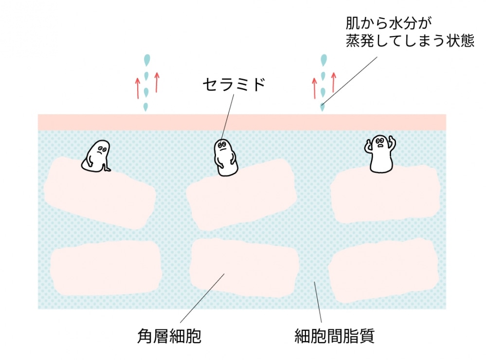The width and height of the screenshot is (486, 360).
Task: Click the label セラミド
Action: point(234,85)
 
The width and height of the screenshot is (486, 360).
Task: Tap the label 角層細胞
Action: point(168,336)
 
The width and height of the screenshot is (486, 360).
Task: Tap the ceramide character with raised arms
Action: point(381,153)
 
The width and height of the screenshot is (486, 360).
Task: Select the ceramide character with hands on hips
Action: point(226,157)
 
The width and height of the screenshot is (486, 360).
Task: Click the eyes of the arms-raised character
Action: point(380,142)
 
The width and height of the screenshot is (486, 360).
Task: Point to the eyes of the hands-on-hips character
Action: point(222,144)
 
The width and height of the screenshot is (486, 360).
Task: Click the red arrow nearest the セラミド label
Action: point(157,82)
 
